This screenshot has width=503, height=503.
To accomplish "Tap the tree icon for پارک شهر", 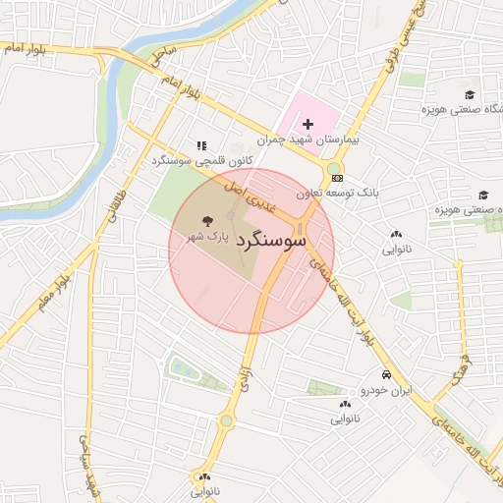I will tap(207, 221).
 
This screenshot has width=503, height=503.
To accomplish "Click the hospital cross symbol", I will tap(308, 124).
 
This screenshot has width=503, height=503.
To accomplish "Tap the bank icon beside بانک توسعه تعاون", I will tap(338, 178).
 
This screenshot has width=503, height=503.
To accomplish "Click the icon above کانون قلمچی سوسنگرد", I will tap(202, 144).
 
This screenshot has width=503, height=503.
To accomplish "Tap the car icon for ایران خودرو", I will tap(387, 375).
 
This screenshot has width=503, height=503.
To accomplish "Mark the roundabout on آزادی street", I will tap(227, 420).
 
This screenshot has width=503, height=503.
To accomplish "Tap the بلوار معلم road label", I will tap(55, 291).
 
